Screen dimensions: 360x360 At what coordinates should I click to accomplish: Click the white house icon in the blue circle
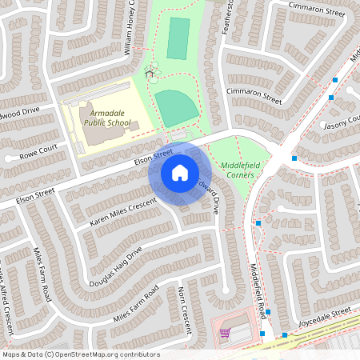179,172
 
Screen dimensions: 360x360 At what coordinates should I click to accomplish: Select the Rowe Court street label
38,150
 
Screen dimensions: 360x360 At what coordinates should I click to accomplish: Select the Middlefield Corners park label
237,170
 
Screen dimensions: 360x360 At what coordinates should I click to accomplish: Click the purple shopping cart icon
225,333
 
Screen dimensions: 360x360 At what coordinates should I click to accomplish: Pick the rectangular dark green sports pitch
178,38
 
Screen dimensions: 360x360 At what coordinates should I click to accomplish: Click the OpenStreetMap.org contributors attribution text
108,354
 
